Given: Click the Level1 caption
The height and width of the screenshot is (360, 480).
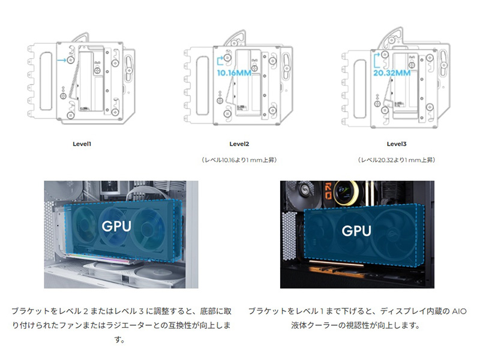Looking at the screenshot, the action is (x=82, y=144).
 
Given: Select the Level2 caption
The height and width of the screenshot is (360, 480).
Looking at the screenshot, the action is (x=239, y=144).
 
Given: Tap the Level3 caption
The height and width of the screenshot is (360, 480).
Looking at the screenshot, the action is (x=397, y=144).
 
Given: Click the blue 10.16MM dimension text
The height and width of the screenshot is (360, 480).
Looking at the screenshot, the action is (x=234, y=73).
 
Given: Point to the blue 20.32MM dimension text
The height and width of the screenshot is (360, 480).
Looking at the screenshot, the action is (x=392, y=73).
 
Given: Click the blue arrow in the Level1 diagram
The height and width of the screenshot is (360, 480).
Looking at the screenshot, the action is (x=62, y=60).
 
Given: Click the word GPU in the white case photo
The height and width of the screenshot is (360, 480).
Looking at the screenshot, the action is (x=116, y=226).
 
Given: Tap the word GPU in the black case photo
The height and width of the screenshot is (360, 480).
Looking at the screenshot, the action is (x=356, y=230).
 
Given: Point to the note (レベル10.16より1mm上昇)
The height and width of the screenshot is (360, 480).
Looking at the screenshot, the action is (x=239, y=160).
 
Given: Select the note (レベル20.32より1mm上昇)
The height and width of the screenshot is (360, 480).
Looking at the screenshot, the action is (x=397, y=160).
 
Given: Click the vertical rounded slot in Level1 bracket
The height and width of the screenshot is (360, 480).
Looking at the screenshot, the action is (x=46, y=81).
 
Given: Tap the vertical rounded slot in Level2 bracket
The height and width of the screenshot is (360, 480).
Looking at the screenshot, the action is (x=202, y=85).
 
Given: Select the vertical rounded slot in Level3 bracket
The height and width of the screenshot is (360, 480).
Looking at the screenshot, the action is (x=360, y=89).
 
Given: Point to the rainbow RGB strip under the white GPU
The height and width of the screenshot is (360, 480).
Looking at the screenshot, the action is (x=98, y=257).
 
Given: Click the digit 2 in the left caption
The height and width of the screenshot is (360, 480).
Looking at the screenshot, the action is (x=85, y=311).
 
